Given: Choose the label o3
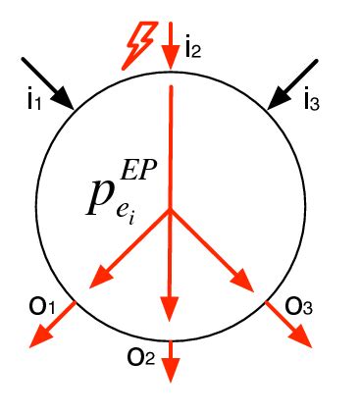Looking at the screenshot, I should (299, 306).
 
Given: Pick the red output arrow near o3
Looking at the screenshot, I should (289, 325).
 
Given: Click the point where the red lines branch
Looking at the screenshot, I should (171, 210).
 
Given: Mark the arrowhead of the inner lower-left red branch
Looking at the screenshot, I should (99, 282).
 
